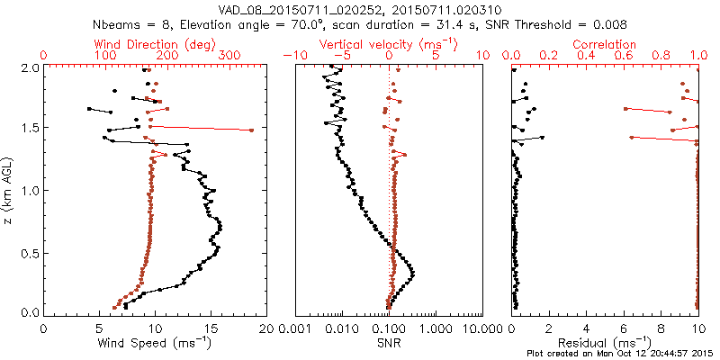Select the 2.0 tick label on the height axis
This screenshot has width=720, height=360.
pyautogui.click(x=29, y=67)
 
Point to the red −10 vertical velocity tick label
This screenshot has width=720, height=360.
pyautogui.click(x=292, y=56)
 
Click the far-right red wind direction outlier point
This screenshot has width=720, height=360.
pyautogui.click(x=251, y=130)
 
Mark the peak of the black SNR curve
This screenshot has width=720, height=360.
pyautogui.click(x=412, y=272)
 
